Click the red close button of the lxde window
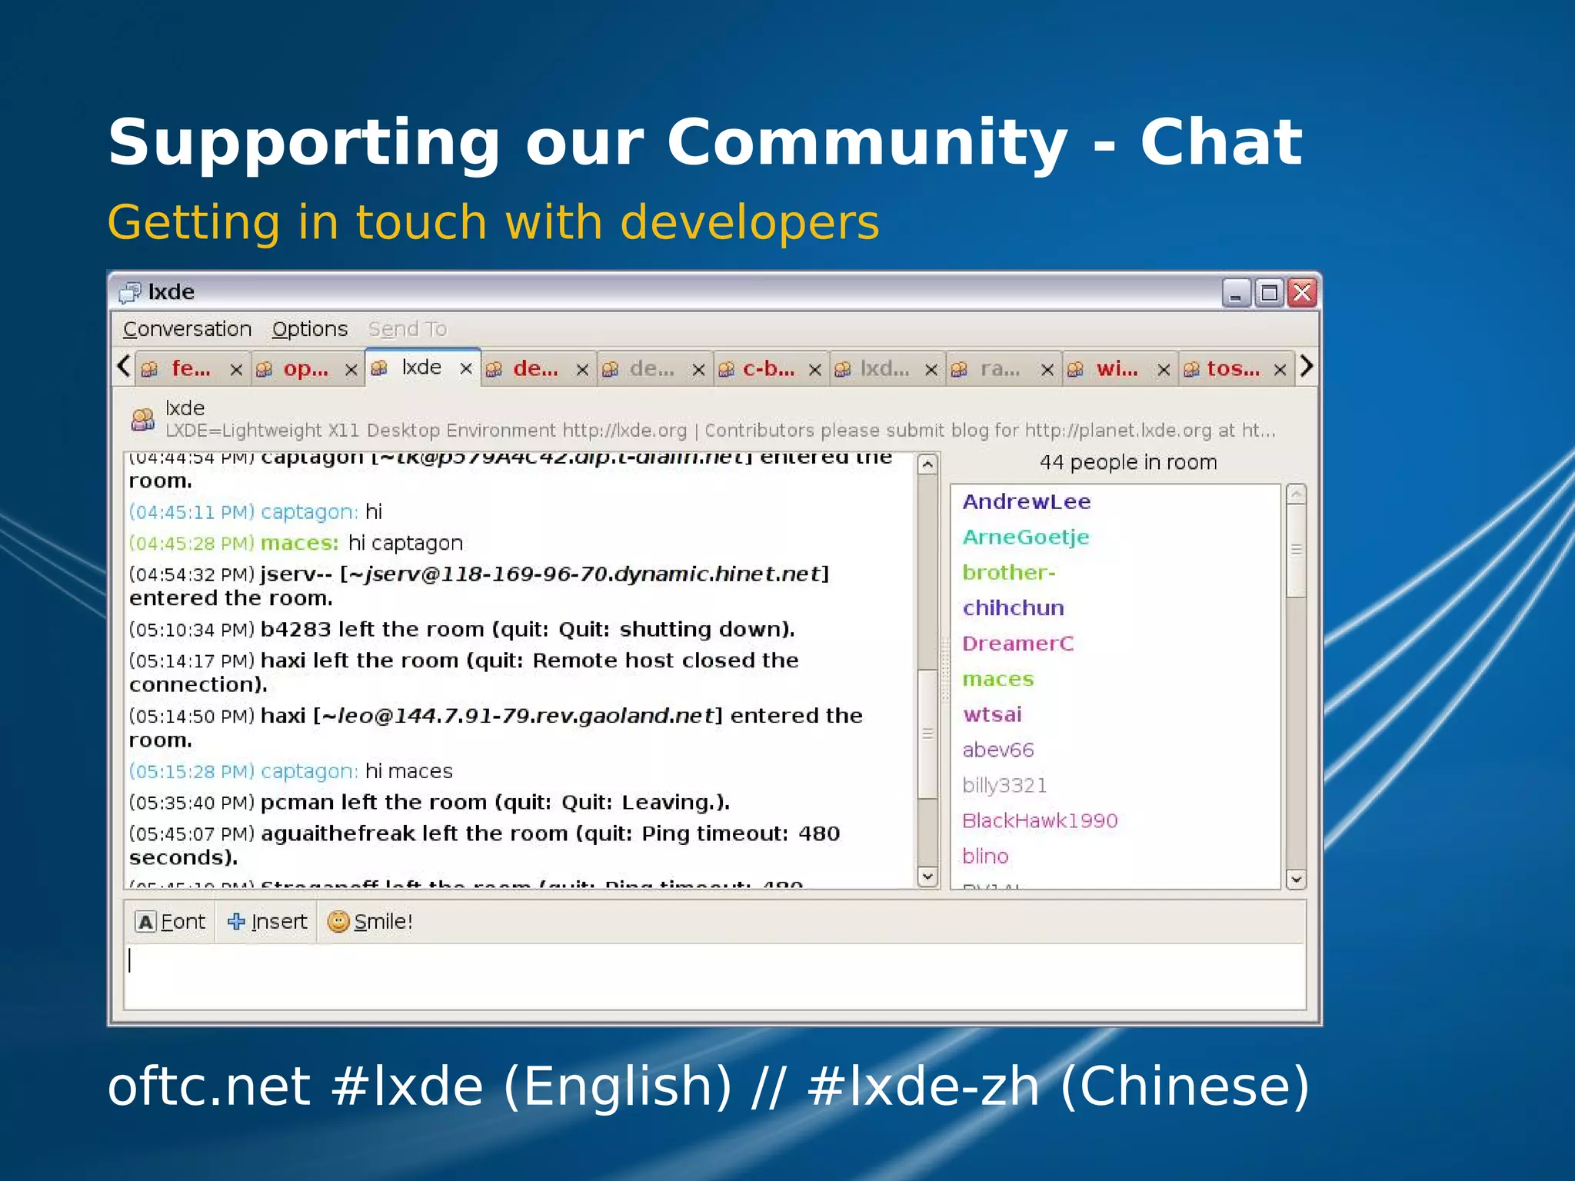coord(1302,293)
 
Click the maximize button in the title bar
coord(1269,293)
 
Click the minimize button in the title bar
coord(1236,293)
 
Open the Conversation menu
coord(187,329)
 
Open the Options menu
coord(309,329)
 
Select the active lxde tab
coord(421,368)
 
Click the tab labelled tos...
coord(1232,369)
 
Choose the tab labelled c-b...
coord(768,369)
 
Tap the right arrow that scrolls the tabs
coord(1307,366)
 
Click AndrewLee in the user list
coord(1026,502)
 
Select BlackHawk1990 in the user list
coord(1039,821)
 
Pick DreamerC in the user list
coord(1017,644)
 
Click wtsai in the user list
coord(992,715)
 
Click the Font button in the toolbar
coord(171,922)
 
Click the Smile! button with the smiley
coord(370,922)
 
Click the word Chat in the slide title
coord(1220,143)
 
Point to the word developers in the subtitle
coord(749,223)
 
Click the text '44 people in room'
coord(1127,462)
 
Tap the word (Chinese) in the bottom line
coord(1184,1086)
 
